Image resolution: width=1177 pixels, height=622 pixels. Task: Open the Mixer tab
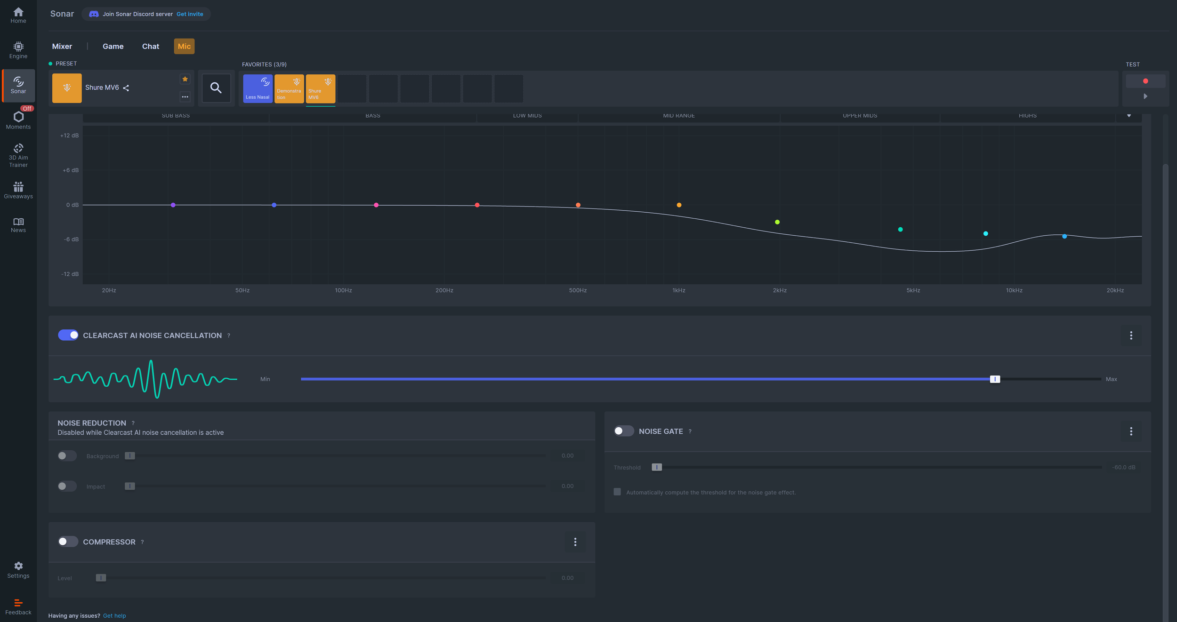[62, 46]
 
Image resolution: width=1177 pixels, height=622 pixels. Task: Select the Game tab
[113, 46]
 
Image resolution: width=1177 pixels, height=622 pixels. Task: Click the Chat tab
[151, 46]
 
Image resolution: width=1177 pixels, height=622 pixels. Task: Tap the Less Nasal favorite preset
[258, 88]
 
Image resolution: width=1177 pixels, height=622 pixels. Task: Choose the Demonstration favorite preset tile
[289, 88]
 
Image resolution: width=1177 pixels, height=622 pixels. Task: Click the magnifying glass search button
[216, 88]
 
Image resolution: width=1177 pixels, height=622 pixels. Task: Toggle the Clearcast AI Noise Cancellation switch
[68, 335]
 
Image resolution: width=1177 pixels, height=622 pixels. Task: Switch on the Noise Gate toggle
[623, 431]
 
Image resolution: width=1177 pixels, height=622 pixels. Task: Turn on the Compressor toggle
[68, 542]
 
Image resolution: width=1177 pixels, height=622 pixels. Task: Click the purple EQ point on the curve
[173, 205]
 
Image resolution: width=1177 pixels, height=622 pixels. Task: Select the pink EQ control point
[376, 205]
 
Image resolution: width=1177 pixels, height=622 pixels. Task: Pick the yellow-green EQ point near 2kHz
[777, 222]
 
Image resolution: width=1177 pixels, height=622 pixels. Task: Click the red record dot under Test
[1145, 81]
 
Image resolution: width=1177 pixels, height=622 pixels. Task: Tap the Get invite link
[190, 14]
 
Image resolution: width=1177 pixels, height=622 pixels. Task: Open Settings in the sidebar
[18, 569]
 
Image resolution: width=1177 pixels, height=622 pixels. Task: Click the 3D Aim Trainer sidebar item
[18, 155]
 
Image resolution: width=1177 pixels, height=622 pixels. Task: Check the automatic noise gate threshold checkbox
[617, 492]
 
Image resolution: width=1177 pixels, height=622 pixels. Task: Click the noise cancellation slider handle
[995, 379]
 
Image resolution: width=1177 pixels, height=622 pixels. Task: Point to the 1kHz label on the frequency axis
[679, 290]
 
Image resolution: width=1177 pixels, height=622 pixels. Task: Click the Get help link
[114, 615]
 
